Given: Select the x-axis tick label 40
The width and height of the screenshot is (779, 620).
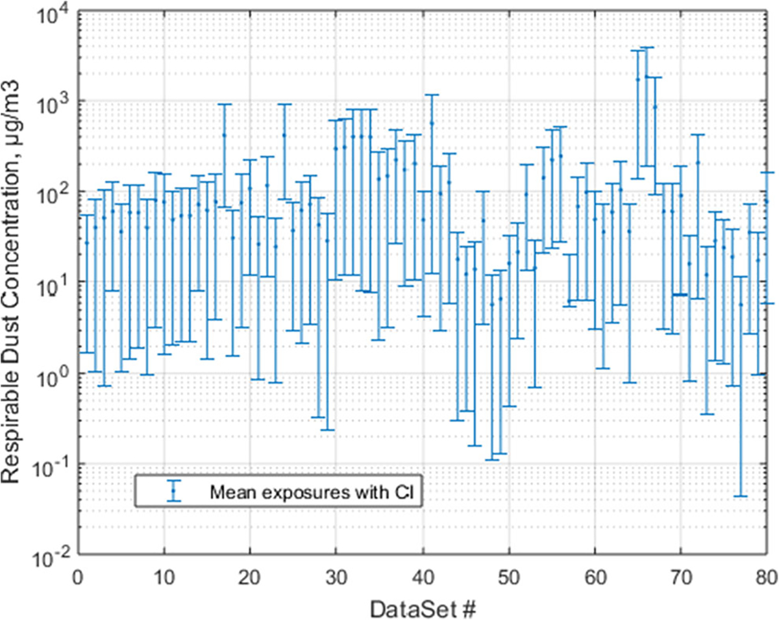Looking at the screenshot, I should point(423,577).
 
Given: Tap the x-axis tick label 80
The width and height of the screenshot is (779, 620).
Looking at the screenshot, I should point(766,577).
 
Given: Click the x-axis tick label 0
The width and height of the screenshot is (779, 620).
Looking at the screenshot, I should point(79,577).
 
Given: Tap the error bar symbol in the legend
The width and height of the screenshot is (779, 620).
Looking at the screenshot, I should point(173,491).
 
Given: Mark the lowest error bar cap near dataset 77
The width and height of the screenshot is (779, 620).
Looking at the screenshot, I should point(741,496).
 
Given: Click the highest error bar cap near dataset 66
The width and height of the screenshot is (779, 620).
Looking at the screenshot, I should point(647,47).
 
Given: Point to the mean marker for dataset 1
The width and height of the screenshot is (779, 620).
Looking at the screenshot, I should point(87,242).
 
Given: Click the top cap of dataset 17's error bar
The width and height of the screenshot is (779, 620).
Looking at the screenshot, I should point(225,105).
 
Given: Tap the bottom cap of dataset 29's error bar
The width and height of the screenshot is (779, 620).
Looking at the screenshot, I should point(327,430).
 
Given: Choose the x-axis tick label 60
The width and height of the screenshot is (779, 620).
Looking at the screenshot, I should point(595,577).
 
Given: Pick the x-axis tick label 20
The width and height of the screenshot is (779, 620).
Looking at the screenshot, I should point(251,577).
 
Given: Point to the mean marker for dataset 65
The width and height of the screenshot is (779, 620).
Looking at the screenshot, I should point(637,79).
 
